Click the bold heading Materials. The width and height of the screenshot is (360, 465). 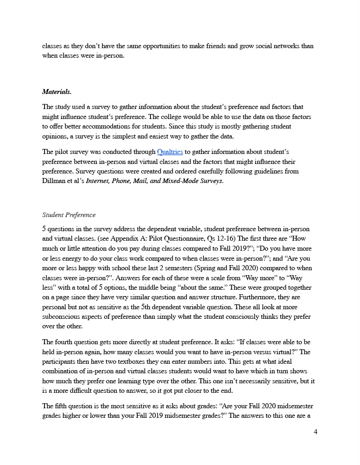(57, 92)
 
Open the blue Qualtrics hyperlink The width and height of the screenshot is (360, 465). (170, 152)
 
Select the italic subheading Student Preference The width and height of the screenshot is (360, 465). (69, 215)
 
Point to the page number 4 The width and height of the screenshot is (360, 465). (315, 432)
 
